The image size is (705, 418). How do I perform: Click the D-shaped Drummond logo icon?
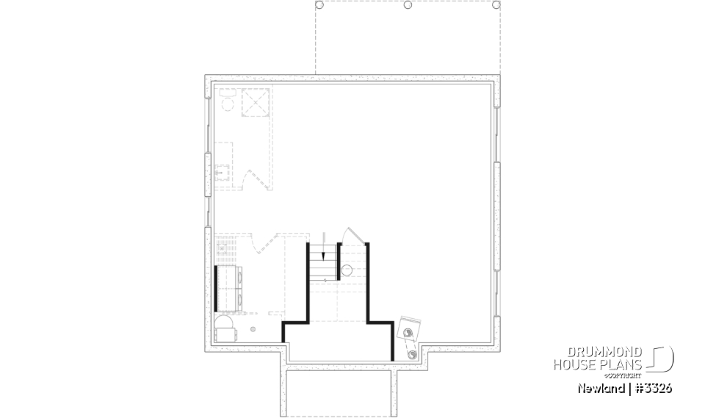pyautogui.click(x=662, y=358)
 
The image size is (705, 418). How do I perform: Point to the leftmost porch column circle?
pyautogui.click(x=319, y=5)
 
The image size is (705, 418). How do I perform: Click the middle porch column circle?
pyautogui.click(x=408, y=5)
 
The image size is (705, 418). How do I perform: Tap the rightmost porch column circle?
pyautogui.click(x=498, y=5)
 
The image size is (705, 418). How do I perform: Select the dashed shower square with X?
pyautogui.click(x=256, y=101)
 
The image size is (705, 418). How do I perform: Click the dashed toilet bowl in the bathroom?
pyautogui.click(x=227, y=103)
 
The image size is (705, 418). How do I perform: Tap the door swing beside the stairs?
pyautogui.click(x=352, y=235)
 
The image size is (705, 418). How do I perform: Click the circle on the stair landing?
pyautogui.click(x=347, y=269)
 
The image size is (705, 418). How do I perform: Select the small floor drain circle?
pyautogui.click(x=253, y=329)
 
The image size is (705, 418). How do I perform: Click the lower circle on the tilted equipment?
pyautogui.click(x=412, y=354)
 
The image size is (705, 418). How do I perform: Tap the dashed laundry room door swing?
pyautogui.click(x=259, y=244)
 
